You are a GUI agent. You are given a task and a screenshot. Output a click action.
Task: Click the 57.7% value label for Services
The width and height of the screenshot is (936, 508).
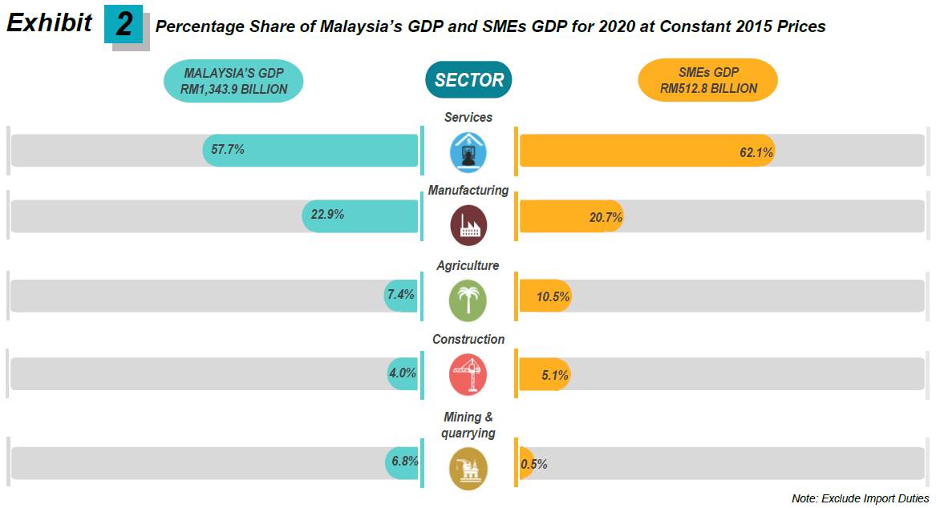[228, 149]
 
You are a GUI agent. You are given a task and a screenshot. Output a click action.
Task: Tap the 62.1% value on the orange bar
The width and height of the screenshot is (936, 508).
[756, 151]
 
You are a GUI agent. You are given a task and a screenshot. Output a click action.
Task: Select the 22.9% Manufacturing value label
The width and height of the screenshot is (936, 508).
[327, 214]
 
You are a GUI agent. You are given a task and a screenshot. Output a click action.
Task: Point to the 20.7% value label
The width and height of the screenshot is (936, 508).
[606, 217]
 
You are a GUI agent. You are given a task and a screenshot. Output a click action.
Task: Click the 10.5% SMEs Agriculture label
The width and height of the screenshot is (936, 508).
[553, 297]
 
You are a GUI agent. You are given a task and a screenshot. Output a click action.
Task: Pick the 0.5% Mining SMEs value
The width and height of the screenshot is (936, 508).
[534, 464]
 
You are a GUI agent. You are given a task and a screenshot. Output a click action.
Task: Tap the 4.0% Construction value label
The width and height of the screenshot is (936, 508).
[402, 373]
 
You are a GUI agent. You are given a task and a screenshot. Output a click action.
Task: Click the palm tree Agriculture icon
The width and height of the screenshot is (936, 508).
[468, 300]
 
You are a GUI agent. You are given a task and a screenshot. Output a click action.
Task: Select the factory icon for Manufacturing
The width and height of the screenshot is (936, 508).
[468, 225]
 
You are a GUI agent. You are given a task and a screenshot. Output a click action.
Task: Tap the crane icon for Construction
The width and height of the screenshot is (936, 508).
[468, 374]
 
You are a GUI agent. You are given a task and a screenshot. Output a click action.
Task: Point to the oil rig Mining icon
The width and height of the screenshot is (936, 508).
[468, 468]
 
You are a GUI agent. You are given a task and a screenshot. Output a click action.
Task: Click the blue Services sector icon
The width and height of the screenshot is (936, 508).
[468, 151]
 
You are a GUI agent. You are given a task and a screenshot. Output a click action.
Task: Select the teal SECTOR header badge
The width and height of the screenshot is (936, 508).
[469, 80]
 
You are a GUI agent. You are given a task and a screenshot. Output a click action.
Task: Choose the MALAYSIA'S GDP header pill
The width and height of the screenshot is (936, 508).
[233, 81]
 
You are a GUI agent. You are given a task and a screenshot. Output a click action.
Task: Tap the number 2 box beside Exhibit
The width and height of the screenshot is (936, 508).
[124, 25]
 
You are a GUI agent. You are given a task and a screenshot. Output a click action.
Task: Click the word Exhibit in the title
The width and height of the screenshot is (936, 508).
[49, 22]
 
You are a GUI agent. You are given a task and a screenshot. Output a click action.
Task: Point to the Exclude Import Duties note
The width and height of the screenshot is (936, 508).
[860, 498]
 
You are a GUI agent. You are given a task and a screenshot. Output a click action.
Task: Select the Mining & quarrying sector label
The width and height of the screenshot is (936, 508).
[468, 425]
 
